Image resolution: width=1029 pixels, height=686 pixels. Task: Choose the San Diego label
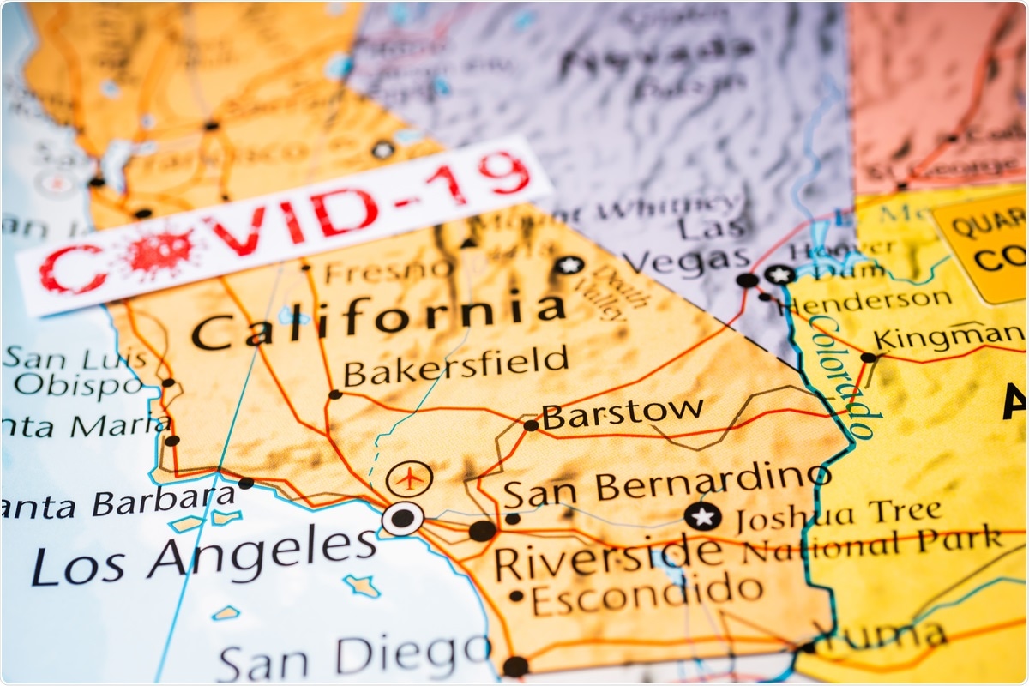tap(352, 659)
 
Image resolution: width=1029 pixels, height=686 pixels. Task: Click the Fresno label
tap(389, 270)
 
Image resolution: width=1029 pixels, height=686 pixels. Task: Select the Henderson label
tap(868, 299)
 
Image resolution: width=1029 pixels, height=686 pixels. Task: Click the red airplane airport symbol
tap(410, 478)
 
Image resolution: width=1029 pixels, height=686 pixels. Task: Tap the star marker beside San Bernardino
tap(702, 516)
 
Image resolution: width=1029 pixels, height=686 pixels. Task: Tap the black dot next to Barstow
tap(531, 424)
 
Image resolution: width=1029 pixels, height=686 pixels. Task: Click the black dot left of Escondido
tap(515, 596)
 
